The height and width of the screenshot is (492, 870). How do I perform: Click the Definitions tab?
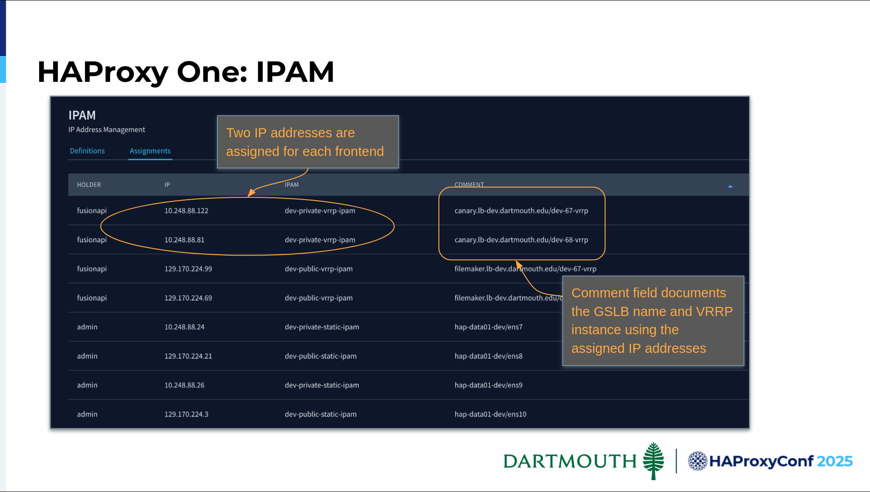[x=87, y=151]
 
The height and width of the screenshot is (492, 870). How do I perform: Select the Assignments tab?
[x=150, y=151]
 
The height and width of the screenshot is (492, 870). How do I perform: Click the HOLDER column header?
[x=89, y=185]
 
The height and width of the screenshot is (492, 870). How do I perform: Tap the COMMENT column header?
[x=469, y=185]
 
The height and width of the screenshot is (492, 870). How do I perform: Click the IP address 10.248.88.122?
[x=186, y=211]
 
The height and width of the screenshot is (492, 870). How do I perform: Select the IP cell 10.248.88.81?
[x=185, y=240]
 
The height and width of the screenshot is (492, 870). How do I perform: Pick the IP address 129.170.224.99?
[x=188, y=269]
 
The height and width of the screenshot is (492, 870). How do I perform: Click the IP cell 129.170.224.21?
[x=188, y=356]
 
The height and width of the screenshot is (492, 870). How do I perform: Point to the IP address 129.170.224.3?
[x=186, y=414]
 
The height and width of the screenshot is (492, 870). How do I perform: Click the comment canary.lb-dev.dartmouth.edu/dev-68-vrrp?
[x=521, y=240]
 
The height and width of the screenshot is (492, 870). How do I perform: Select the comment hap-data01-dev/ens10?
[x=490, y=414]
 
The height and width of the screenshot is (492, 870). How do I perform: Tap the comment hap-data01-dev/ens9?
[x=488, y=385]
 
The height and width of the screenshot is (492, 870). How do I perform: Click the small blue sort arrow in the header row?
[x=730, y=186]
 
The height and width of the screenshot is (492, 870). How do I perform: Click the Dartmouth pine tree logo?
[x=654, y=461]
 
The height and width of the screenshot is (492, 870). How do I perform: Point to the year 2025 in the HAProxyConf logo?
[x=835, y=461]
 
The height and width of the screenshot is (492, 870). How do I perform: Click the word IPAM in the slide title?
[x=295, y=72]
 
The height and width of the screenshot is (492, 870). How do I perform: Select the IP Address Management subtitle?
[x=107, y=130]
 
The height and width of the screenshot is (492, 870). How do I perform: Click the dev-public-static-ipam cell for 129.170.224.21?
[x=321, y=356]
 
